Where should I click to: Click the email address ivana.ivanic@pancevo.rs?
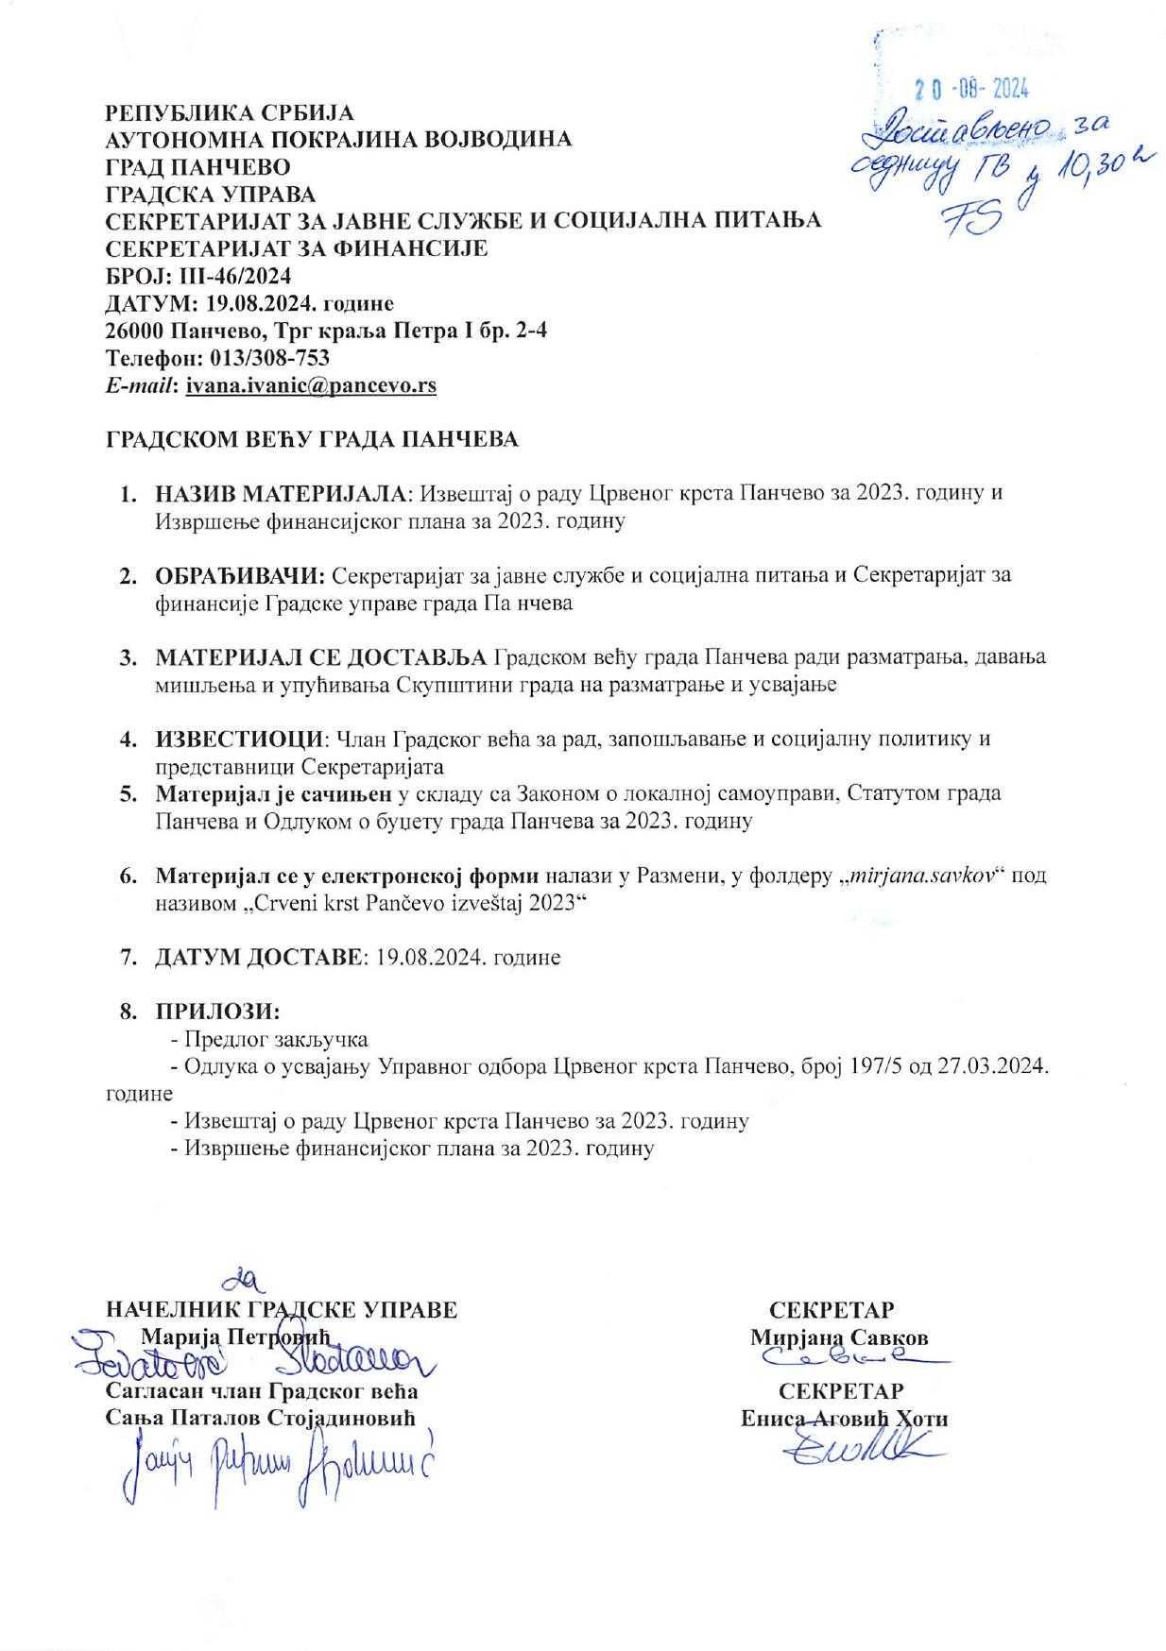pyautogui.click(x=311, y=385)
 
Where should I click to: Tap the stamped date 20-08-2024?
pyautogui.click(x=970, y=89)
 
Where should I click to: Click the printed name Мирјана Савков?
pyautogui.click(x=839, y=1337)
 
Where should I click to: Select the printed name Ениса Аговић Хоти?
pyautogui.click(x=844, y=1419)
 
